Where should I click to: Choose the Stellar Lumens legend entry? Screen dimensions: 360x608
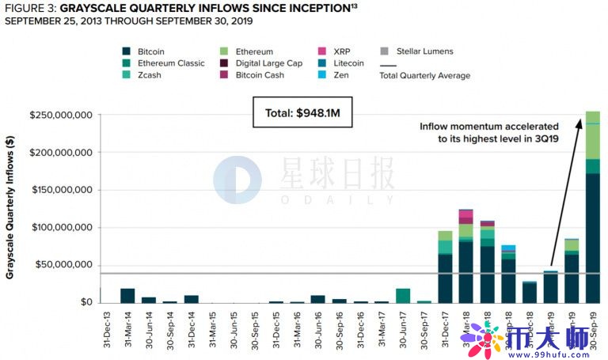tap(424, 51)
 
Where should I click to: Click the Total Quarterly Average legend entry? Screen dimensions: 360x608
tap(424, 75)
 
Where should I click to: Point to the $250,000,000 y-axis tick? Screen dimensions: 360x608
tap(61, 115)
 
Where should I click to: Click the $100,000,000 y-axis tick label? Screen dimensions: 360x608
tap(61, 228)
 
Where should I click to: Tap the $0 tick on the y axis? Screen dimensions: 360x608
tap(85, 302)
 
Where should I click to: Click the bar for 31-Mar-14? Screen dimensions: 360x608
tap(127, 295)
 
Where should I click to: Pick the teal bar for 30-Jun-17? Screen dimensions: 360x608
tap(403, 295)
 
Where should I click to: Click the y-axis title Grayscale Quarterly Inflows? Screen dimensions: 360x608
tap(10, 208)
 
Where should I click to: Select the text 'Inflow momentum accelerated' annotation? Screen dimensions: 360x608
tap(488, 126)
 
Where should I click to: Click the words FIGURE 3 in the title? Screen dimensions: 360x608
tap(29, 7)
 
